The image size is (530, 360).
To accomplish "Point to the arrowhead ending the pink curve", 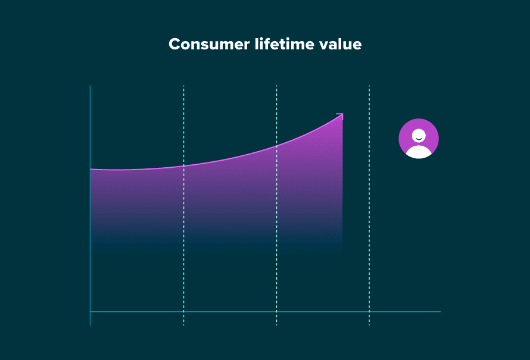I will click(x=341, y=115).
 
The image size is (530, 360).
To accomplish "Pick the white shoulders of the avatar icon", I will click(x=419, y=152).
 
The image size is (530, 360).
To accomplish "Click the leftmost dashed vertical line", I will click(x=183, y=238).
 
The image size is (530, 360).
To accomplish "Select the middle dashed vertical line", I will click(x=276, y=238).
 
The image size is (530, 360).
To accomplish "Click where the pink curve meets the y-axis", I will click(x=91, y=170).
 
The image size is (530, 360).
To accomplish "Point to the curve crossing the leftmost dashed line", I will click(x=183, y=165).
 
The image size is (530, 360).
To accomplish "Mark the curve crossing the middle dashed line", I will click(x=276, y=146).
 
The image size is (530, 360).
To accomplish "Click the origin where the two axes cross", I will click(x=90, y=311).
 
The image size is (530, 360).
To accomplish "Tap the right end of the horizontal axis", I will click(x=439, y=311).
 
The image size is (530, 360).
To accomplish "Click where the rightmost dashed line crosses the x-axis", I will click(x=369, y=311).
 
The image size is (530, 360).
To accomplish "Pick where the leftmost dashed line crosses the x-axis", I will click(x=183, y=311).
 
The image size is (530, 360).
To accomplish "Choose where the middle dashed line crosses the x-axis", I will click(x=276, y=311).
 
